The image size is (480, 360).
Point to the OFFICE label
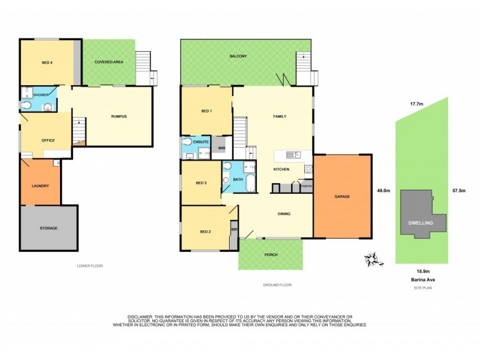coord(48,140)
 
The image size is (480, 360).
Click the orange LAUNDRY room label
coord(40,185)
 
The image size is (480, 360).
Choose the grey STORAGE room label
coord(49,228)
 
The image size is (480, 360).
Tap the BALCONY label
coord(238,56)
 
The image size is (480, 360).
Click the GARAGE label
coord(342,197)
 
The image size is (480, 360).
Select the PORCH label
coord(271,254)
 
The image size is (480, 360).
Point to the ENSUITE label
coord(201,142)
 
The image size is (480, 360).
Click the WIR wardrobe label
coord(221,148)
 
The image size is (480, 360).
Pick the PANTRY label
coord(306,187)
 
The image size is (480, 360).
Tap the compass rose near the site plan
coord(373,259)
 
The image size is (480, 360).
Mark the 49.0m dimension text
coord(383,191)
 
